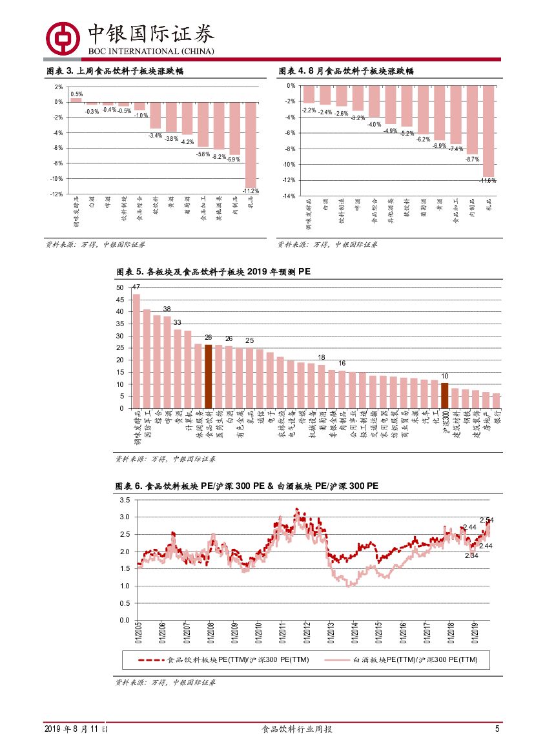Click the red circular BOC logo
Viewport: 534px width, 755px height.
63,38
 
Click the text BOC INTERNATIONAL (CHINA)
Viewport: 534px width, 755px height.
152,51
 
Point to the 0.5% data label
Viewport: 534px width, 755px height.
76,94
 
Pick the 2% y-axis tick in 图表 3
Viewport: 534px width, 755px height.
59,87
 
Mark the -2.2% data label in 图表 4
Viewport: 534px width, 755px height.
309,110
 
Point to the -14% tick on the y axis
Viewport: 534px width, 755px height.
290,196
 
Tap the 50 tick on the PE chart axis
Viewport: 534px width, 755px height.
119,287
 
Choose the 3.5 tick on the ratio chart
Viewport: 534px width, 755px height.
125,500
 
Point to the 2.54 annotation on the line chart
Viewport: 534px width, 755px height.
486,521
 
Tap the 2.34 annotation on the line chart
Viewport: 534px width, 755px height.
471,555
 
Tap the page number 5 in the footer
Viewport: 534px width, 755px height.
497,729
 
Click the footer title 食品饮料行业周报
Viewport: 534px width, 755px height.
296,729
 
